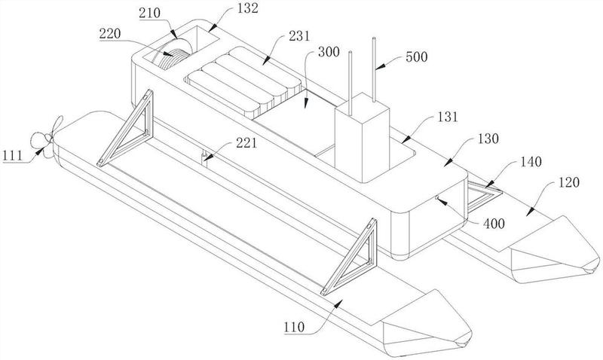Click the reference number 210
point(149,13)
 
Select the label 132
point(248,8)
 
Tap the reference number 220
point(110,33)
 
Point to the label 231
point(298,35)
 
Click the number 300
point(329,52)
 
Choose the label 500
point(417,57)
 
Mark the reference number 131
point(448,117)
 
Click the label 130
point(488,139)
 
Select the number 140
point(531,161)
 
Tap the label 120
point(568,182)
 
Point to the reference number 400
point(494,223)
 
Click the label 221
point(246,143)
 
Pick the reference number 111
point(13,156)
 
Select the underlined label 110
point(294,328)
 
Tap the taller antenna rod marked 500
point(373,70)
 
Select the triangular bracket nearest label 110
point(349,257)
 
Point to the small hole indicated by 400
point(437,197)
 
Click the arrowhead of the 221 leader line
point(206,157)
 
